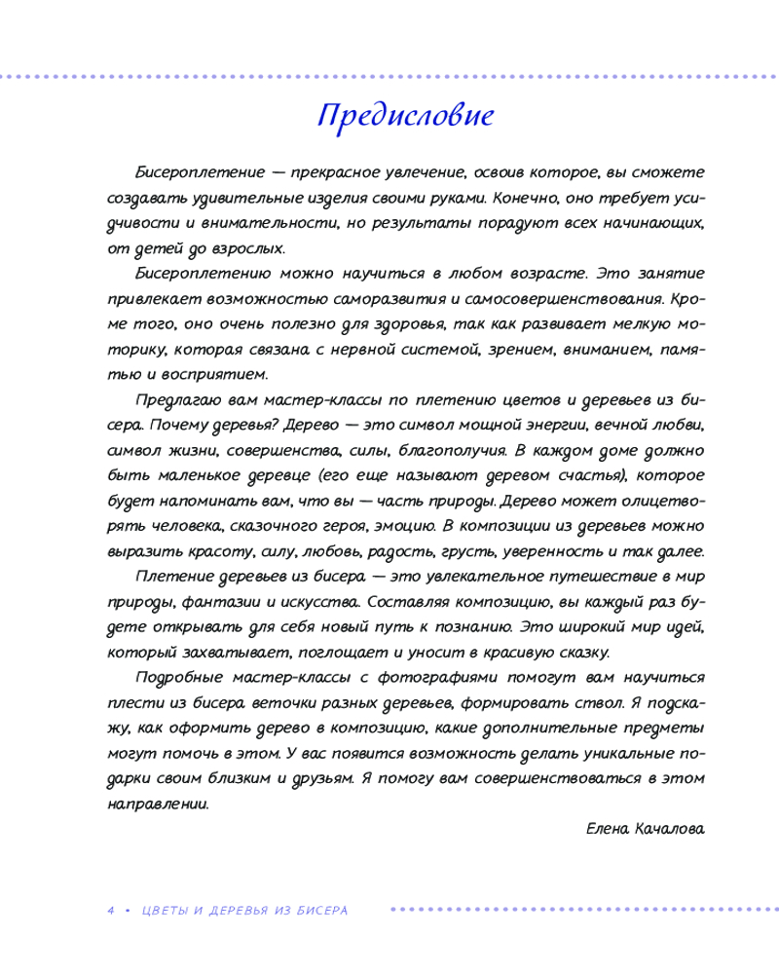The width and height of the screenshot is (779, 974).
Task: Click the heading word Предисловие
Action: pos(405,116)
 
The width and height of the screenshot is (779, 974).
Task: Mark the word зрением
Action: pos(524,350)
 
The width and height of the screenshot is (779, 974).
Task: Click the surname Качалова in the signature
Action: pos(673,830)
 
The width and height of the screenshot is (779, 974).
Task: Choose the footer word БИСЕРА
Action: pos(318,911)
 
